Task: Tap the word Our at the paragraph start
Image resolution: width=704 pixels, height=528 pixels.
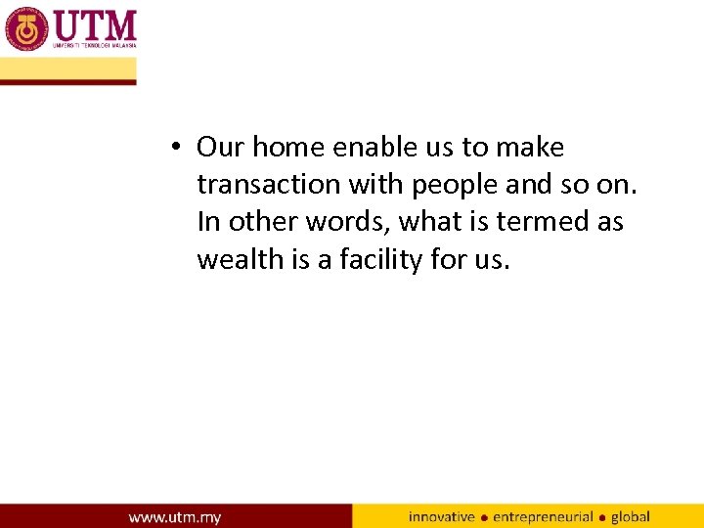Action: tap(220, 148)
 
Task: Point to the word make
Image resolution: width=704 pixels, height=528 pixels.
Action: tap(530, 148)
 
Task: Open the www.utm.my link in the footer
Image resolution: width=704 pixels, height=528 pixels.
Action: tap(175, 516)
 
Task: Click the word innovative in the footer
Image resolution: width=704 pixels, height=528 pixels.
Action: tap(442, 516)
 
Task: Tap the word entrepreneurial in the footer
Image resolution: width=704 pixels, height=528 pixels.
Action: tap(543, 516)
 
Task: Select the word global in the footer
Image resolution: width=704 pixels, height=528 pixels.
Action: tap(631, 516)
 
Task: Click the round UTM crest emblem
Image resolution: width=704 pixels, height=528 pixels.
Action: tap(26, 28)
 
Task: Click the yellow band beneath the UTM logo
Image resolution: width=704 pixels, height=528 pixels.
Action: tap(68, 69)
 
